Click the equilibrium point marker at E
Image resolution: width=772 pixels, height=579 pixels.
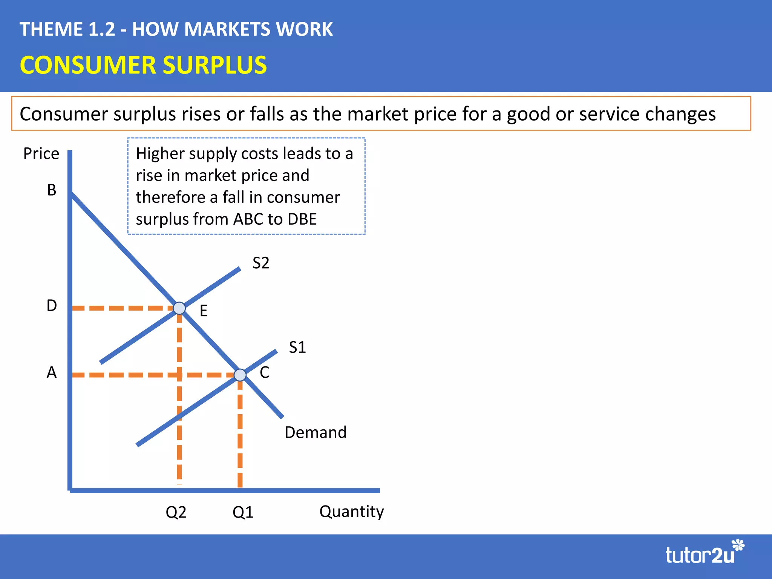click(179, 308)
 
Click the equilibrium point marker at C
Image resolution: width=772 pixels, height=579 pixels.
click(240, 375)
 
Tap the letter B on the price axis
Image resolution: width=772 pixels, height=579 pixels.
click(52, 190)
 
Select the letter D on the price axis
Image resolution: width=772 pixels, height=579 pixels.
click(52, 305)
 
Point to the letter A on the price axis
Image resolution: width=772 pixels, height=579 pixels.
click(52, 372)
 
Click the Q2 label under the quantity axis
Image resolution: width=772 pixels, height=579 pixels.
click(176, 512)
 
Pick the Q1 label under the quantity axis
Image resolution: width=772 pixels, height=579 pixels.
click(243, 512)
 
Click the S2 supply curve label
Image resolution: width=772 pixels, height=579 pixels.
click(261, 263)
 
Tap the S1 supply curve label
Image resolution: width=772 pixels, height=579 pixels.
click(297, 347)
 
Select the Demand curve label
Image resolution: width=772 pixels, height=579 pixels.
click(316, 432)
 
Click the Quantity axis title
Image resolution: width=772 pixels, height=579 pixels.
click(351, 512)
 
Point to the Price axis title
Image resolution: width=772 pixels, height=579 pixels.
click(41, 154)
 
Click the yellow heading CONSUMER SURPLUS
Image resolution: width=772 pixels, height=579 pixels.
click(143, 65)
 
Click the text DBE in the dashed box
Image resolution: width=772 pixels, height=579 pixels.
click(302, 219)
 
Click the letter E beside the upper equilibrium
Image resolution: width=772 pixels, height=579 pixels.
click(204, 311)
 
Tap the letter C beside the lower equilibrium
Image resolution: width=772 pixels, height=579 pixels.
click(264, 372)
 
